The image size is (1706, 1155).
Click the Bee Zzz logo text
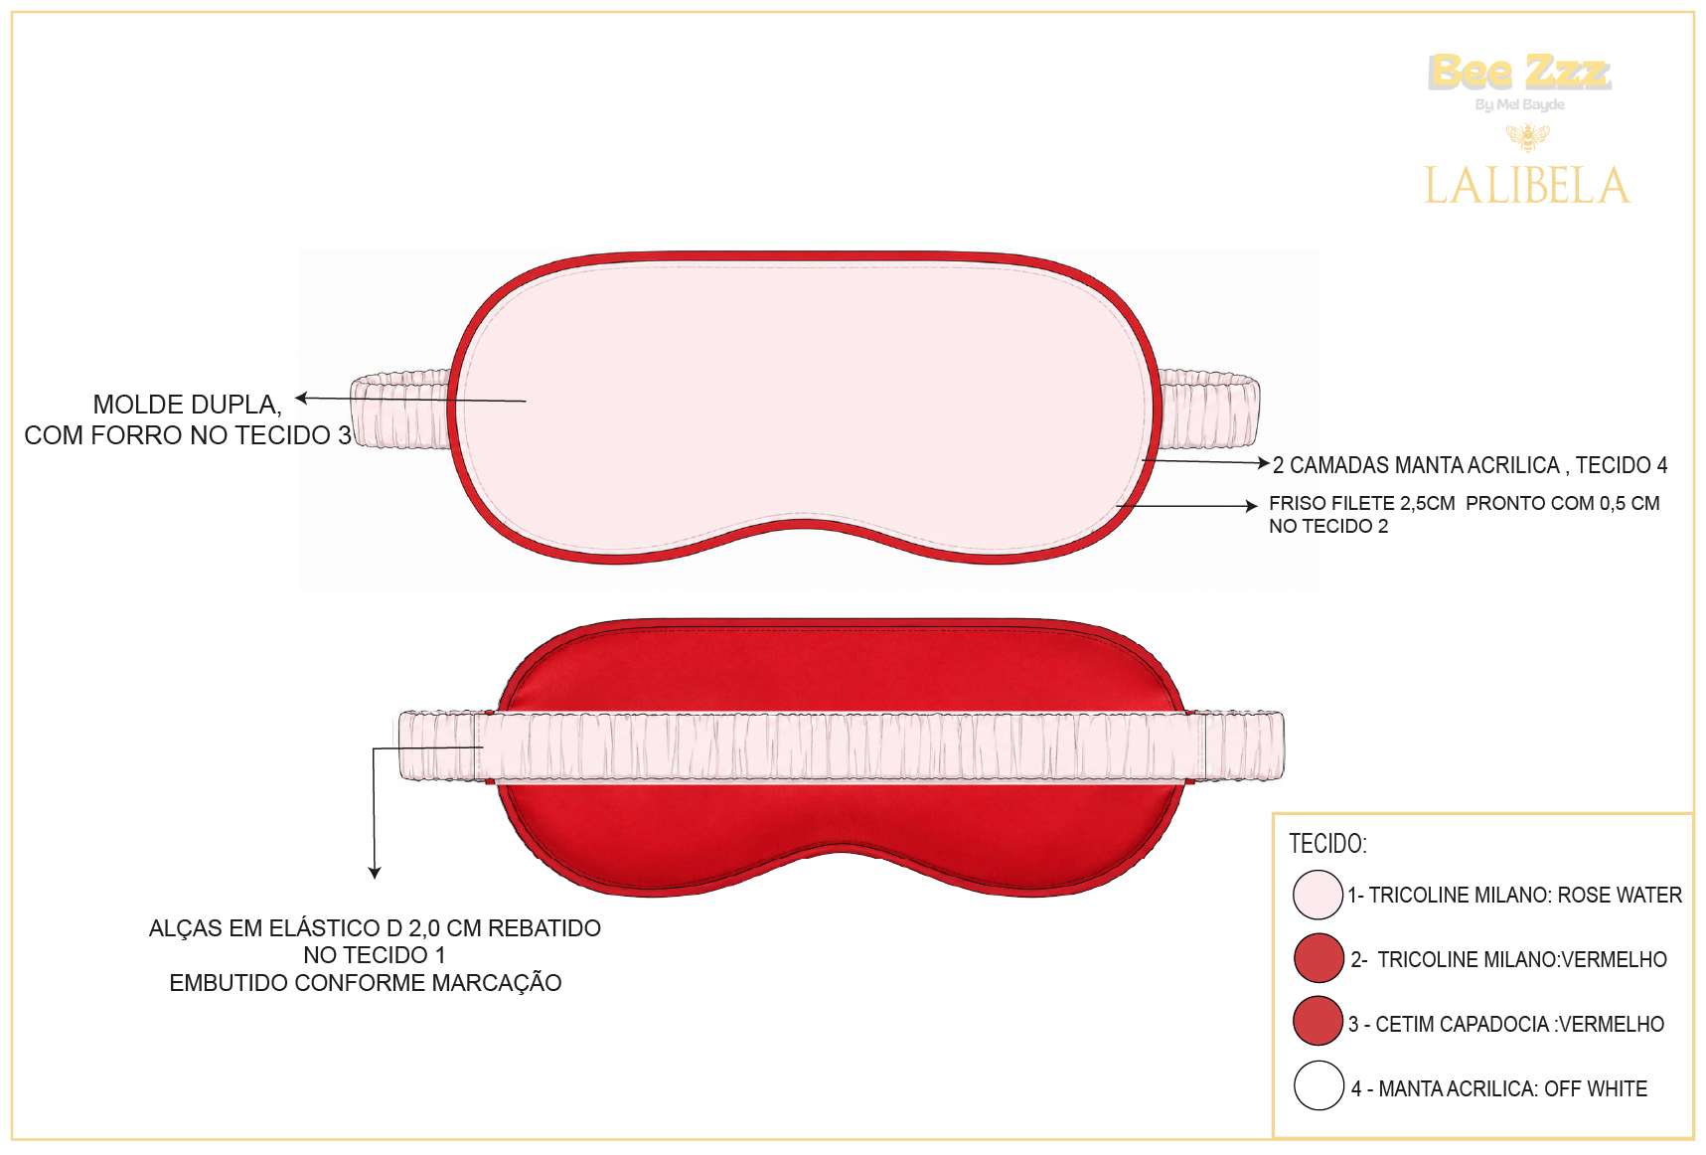(1519, 72)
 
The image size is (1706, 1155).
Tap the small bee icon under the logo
(1527, 136)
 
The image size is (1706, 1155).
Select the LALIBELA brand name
(1527, 186)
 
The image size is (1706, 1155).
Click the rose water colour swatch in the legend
(1318, 895)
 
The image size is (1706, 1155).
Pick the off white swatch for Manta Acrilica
(1318, 1085)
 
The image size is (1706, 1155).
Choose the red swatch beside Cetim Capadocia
(1318, 1021)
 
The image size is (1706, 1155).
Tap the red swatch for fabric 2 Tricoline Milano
(1318, 957)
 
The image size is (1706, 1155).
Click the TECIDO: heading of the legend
(1327, 844)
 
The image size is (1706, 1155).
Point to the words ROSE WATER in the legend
(1620, 896)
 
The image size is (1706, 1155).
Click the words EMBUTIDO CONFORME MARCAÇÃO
(366, 983)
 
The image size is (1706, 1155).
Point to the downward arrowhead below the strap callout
(375, 873)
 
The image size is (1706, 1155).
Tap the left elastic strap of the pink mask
(401, 410)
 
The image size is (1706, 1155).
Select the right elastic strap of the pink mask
(1208, 410)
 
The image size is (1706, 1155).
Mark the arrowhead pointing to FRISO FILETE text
(1252, 506)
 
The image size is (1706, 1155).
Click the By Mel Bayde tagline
(1519, 104)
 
